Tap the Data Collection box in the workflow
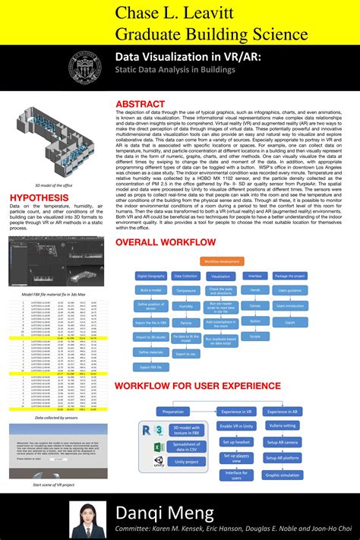[185, 276]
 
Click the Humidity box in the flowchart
[185, 306]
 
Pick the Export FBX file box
[152, 367]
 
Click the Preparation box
[172, 410]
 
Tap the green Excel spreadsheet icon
[158, 447]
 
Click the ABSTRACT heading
[140, 103]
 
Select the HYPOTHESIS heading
[39, 197]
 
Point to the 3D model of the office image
[52, 143]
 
